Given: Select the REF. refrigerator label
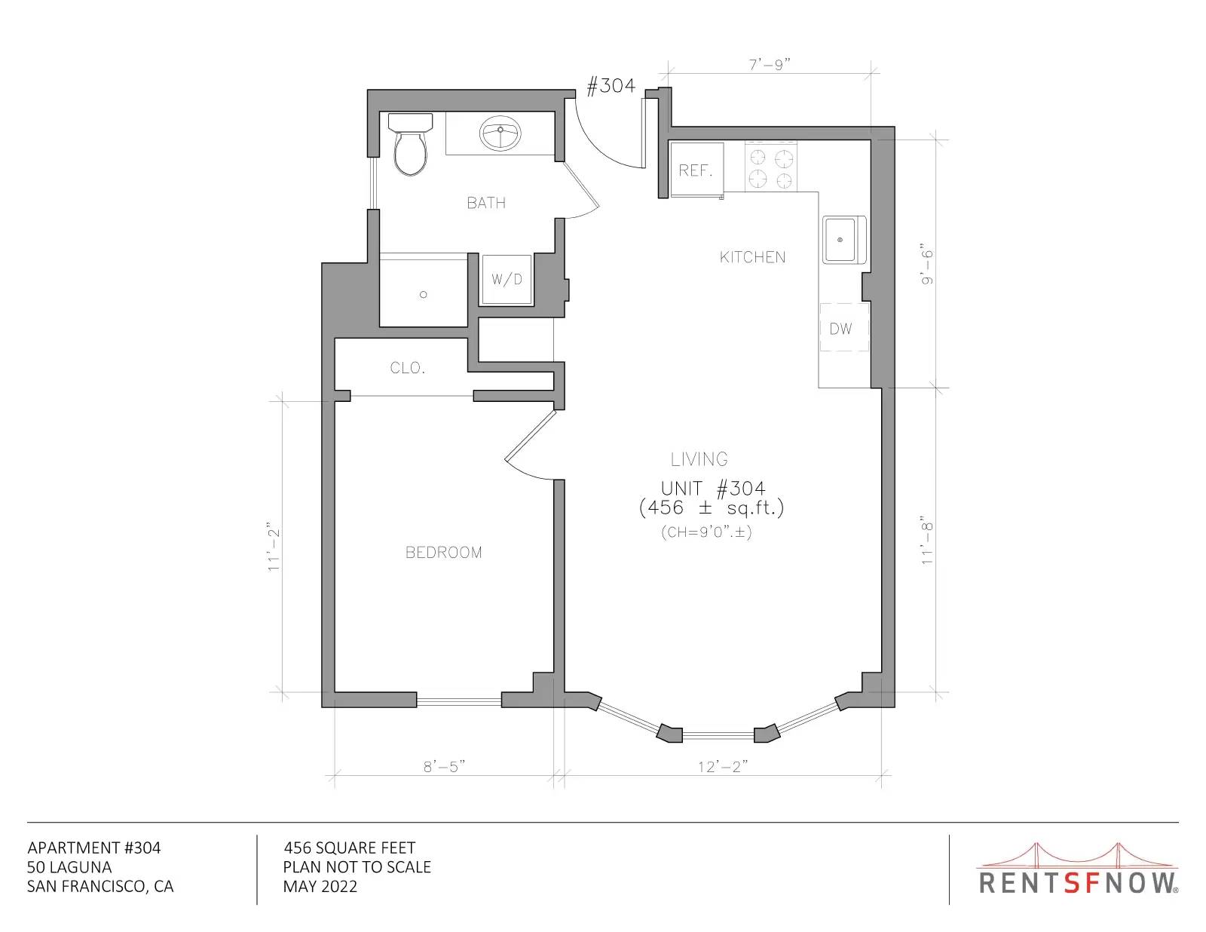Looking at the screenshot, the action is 696,170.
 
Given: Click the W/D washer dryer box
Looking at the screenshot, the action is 507,279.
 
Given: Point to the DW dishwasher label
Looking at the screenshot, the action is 840,329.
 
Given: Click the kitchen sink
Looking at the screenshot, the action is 844,240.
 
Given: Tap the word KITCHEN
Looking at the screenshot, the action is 752,257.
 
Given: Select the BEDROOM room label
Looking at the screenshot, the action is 444,552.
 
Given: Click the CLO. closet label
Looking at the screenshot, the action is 408,367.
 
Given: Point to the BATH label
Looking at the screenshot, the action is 486,203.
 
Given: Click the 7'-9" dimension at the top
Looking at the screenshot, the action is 770,65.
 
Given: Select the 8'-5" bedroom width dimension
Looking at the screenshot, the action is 444,767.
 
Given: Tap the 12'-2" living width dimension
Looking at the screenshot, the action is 723,767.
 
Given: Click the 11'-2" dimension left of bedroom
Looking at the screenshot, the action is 274,547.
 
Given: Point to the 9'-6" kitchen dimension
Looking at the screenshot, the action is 927,264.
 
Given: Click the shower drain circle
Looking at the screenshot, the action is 424,295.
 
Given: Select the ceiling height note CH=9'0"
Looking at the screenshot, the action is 706,532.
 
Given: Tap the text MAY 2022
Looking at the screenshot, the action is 320,887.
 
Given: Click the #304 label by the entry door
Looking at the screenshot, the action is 611,85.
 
